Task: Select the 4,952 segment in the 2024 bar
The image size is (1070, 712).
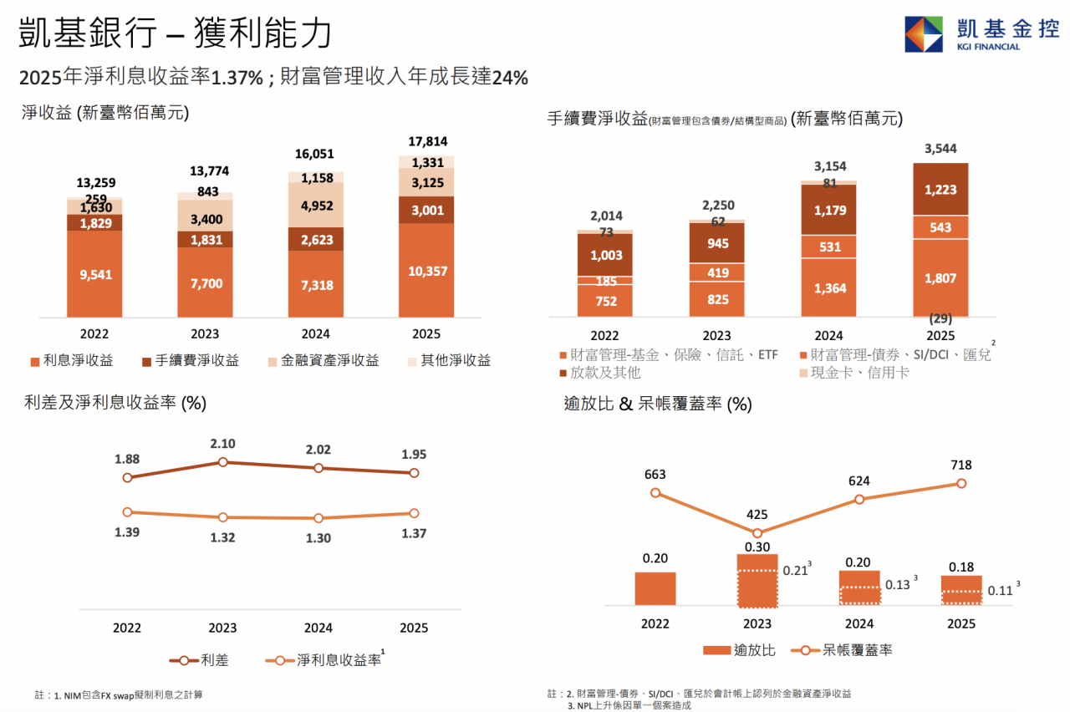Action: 316,206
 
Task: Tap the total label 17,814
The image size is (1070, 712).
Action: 427,141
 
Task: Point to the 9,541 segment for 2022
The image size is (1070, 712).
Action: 94,274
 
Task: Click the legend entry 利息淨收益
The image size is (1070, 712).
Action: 72,360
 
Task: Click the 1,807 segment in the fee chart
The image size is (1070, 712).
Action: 940,278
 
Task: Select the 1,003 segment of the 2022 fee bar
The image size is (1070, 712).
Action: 605,255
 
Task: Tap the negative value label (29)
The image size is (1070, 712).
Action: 940,318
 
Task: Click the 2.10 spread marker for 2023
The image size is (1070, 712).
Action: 222,462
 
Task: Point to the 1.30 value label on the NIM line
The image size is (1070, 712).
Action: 318,538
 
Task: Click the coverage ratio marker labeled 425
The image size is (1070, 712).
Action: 757,533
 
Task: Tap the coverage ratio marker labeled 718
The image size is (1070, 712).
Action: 961,483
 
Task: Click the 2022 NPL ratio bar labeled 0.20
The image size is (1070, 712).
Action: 655,588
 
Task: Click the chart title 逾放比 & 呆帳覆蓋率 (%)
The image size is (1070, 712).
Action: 658,404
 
